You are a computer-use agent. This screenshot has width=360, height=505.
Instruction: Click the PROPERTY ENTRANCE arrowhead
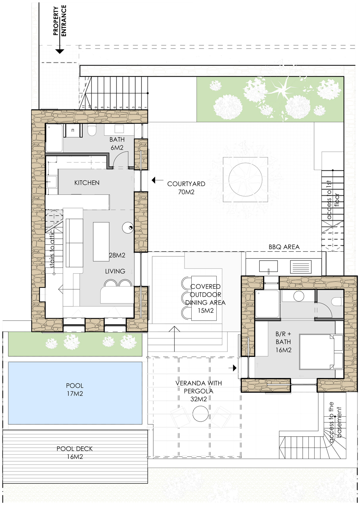coord(60,51)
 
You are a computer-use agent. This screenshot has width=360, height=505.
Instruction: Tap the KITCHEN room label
coord(87,183)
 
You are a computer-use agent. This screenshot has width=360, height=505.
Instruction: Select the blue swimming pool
coord(75,393)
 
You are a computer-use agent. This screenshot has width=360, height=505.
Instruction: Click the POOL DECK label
coord(75,449)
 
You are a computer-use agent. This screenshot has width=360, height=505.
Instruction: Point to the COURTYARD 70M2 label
coord(186,188)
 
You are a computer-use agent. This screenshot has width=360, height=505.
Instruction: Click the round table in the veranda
coord(200,414)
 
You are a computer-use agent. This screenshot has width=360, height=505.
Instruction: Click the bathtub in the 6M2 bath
coord(54,139)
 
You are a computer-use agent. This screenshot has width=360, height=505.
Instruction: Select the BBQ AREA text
coord(284,247)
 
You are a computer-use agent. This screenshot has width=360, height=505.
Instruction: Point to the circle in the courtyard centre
coord(245,179)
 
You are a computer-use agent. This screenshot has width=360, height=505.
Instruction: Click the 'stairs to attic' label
coord(52,249)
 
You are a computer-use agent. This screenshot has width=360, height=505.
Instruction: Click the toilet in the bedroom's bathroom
coord(337,301)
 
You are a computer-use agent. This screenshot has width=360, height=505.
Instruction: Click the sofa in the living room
coord(74,243)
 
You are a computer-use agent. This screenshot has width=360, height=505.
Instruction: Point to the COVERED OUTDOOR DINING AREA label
coord(205,298)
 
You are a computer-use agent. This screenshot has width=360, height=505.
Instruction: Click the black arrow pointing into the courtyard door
coord(157,180)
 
